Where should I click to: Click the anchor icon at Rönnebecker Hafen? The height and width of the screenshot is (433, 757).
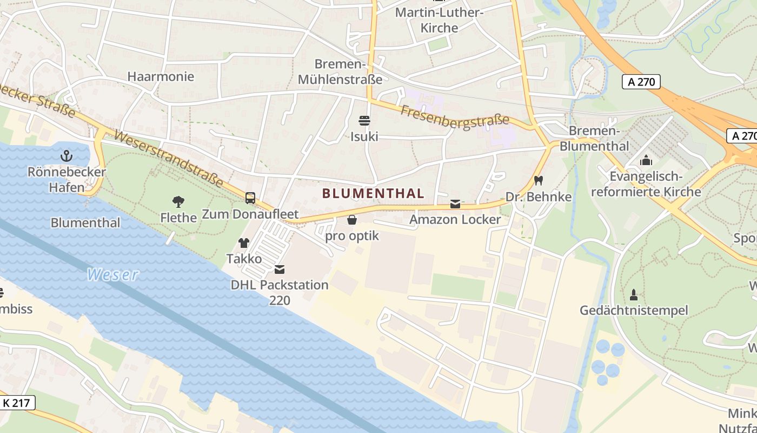(66, 156)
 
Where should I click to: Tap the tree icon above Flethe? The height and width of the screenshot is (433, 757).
(178, 202)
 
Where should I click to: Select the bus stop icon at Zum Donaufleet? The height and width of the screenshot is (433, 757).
(250, 198)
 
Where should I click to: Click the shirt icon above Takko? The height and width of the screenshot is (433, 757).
(244, 243)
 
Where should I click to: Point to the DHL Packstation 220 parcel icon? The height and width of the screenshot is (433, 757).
(280, 269)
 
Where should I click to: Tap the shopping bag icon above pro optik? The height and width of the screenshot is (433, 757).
(352, 220)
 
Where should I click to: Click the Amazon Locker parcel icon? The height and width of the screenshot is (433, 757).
(455, 204)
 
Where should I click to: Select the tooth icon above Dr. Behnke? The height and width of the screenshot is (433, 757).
(538, 180)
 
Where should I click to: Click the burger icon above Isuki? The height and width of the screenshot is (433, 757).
(364, 120)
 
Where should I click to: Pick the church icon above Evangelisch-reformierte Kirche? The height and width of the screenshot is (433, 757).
(646, 160)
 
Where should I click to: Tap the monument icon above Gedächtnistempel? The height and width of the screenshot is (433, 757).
(634, 294)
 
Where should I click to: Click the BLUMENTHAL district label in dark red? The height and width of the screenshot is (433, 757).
(373, 193)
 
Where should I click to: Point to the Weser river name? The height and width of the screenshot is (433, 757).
(112, 275)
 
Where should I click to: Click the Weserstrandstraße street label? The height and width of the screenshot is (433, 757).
(169, 159)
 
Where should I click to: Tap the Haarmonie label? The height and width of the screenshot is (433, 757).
(161, 76)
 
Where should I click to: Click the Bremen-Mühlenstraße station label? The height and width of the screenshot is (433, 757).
(341, 71)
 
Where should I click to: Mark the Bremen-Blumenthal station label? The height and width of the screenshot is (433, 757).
(594, 139)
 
